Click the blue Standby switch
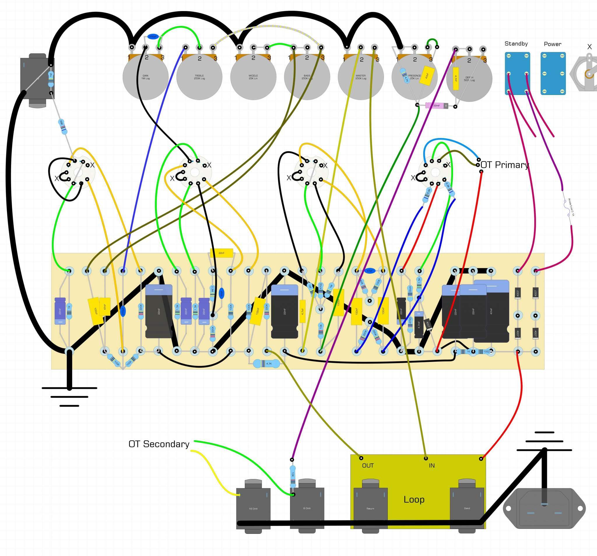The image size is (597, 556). coord(517,73)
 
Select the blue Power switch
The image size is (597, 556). coord(553,73)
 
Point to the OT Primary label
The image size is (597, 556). coord(505,165)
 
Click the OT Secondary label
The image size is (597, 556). coord(159,444)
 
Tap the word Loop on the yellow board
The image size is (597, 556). coord(414,499)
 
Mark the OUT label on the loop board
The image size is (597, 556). coord(368,466)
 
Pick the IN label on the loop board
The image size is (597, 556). coord(431,466)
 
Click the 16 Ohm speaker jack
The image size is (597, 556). coord(253,507)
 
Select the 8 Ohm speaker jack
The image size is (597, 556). coord(307,507)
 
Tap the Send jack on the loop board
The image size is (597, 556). coord(467,507)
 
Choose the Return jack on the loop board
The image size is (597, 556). coord(370,507)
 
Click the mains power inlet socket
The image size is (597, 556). coord(544,509)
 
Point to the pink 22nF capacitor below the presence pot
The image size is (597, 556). coord(437,106)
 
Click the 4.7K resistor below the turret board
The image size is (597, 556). coord(267,364)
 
